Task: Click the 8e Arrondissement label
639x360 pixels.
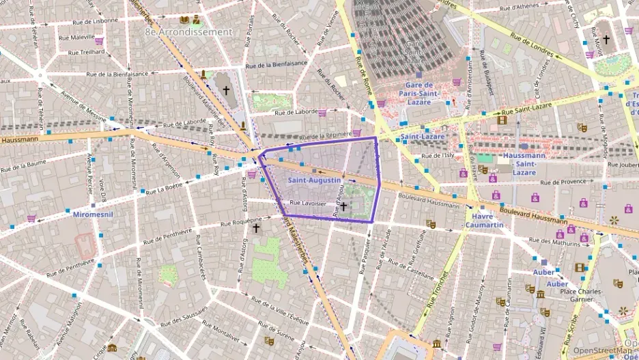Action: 188,31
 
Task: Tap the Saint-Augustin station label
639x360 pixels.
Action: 314,180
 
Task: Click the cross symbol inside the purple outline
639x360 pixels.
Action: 344,206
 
